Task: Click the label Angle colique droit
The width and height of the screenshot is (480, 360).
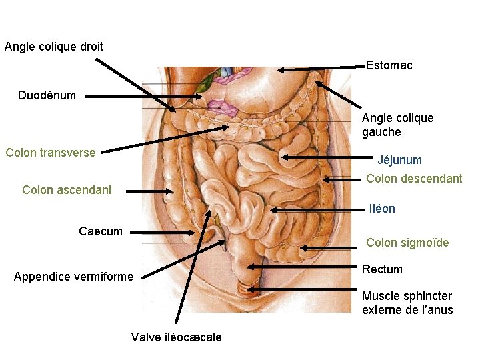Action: click(54, 47)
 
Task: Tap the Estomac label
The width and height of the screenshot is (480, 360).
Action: click(389, 65)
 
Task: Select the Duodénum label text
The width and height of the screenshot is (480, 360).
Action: click(47, 95)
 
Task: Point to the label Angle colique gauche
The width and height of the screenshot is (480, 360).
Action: click(397, 125)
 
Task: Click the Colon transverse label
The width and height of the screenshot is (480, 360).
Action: click(51, 153)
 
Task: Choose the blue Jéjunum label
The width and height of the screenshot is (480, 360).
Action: click(399, 160)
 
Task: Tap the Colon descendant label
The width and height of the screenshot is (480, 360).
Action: click(414, 179)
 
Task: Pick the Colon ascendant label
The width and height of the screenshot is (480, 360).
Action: click(67, 190)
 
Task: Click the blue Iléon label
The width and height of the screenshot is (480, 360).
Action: click(382, 209)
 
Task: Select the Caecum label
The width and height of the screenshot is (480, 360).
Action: click(101, 231)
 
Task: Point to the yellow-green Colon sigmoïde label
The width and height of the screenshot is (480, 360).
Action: click(407, 243)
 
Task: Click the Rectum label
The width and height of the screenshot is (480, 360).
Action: click(382, 269)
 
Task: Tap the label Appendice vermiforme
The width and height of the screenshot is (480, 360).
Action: click(73, 277)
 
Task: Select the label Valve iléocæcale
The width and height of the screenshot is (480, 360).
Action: click(177, 337)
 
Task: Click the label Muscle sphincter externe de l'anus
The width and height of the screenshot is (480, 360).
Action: click(407, 303)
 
